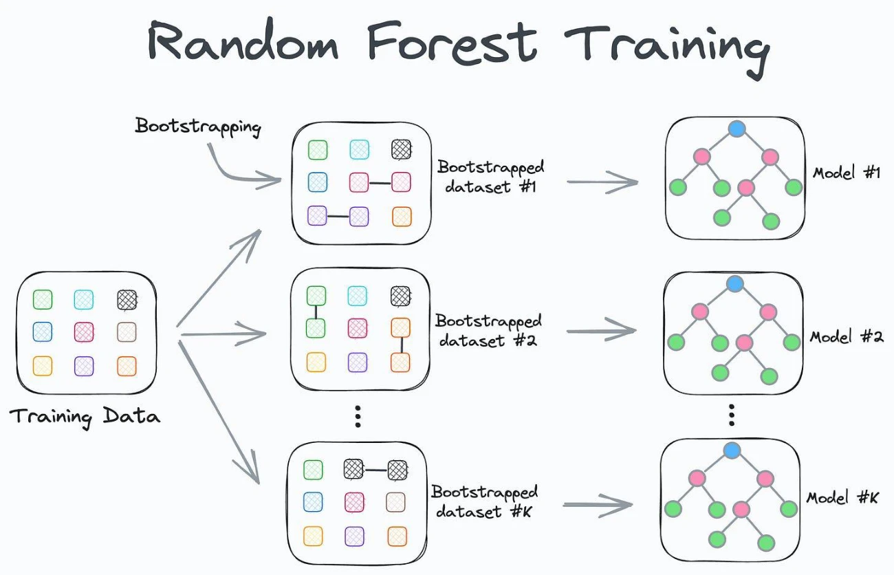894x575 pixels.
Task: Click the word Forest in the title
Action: [x=453, y=42]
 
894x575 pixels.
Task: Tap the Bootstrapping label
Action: [x=198, y=127]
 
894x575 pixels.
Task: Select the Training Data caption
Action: [x=85, y=417]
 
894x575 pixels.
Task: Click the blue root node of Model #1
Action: [x=737, y=129]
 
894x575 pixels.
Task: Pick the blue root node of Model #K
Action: [x=732, y=451]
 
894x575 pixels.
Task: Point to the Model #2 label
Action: [x=847, y=337]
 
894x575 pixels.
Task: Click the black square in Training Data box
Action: [x=127, y=300]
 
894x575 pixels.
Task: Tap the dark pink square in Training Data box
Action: [x=84, y=332]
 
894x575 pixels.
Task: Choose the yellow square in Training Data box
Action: [x=43, y=366]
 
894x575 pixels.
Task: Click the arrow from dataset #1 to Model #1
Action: [x=602, y=182]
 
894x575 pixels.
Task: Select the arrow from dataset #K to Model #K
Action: [x=598, y=505]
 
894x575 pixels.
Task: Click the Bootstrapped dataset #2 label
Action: [x=488, y=331]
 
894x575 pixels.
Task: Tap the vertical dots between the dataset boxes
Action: [x=358, y=417]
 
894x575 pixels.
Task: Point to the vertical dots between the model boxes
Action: [x=731, y=415]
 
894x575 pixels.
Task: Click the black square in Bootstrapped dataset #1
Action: [x=401, y=149]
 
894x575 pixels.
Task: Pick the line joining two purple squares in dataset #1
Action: [x=338, y=217]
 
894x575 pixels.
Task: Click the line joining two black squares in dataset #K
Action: [x=375, y=470]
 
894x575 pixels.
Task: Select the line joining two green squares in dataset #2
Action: [x=316, y=312]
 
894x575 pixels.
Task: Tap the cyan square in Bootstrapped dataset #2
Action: [x=357, y=296]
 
